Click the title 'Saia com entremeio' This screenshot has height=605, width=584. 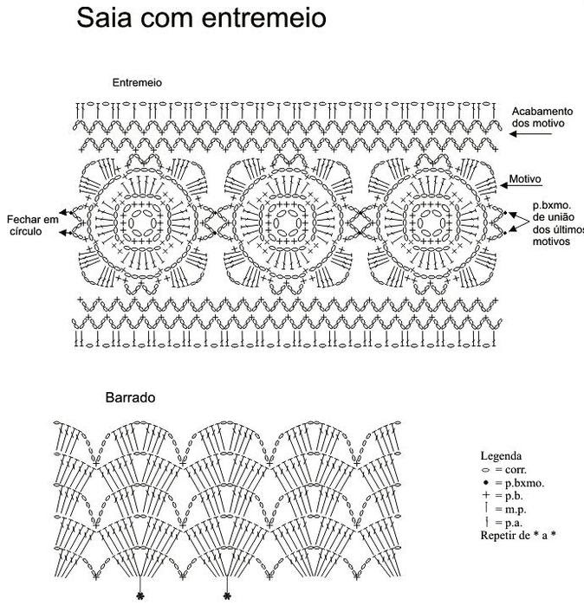[x=201, y=17]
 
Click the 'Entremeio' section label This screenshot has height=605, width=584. [x=138, y=82]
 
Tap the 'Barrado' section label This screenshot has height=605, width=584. [x=130, y=398]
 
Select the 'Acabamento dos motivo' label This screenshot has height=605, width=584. [x=542, y=118]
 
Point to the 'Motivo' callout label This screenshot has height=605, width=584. [x=525, y=180]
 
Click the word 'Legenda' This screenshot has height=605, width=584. [x=501, y=455]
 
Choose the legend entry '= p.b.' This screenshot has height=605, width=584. [x=507, y=496]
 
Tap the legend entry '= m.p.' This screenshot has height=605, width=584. [x=509, y=510]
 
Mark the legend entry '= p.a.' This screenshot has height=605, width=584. [x=508, y=524]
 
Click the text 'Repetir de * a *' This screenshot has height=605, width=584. [x=517, y=536]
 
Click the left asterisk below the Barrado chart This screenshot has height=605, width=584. [x=140, y=595]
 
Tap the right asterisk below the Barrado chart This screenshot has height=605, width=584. [x=227, y=595]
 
